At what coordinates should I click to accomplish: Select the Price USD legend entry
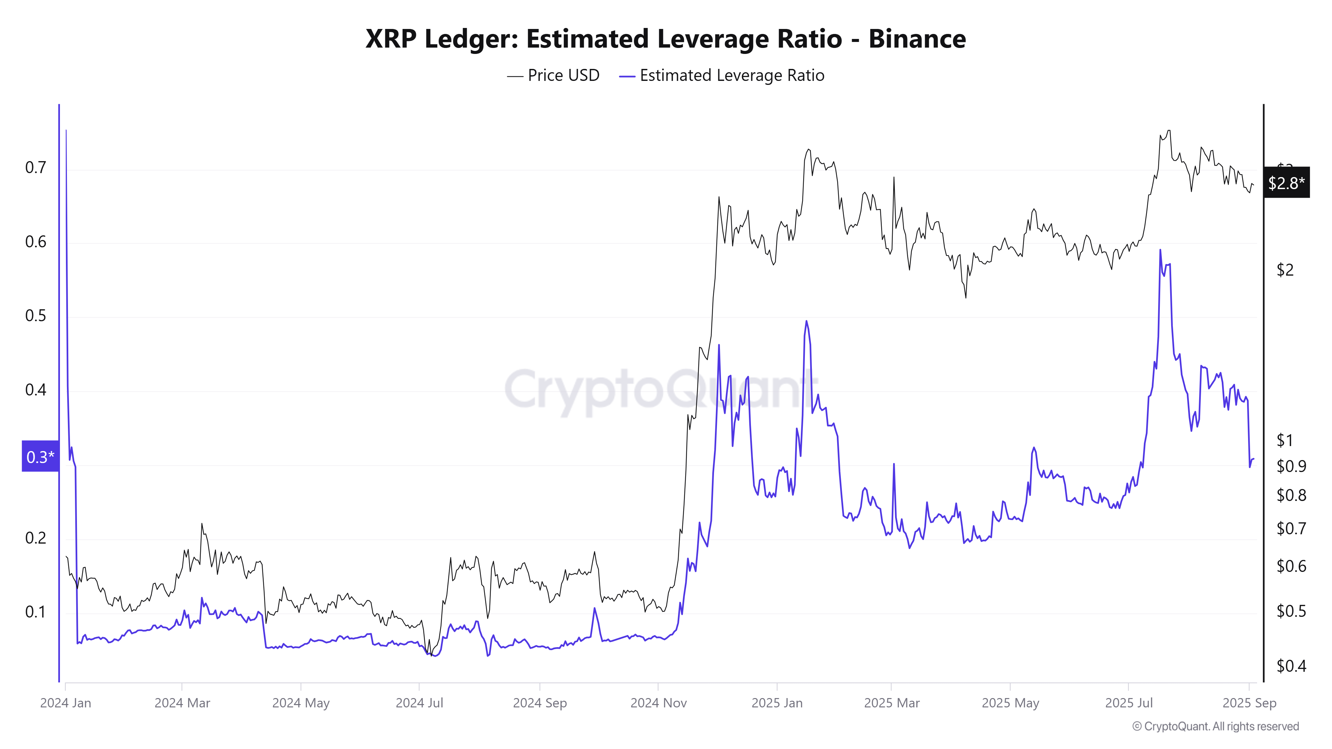pos(553,76)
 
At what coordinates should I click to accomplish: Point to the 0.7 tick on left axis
pos(35,167)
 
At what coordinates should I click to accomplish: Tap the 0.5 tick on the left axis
pos(35,316)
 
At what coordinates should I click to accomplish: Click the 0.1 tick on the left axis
pos(35,612)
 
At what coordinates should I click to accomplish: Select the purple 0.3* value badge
pos(40,456)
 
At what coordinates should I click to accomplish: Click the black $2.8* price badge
pos(1286,182)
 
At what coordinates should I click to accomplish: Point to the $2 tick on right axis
pos(1285,270)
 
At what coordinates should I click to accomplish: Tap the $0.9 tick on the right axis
pos(1291,466)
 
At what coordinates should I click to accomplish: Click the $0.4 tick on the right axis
pos(1291,666)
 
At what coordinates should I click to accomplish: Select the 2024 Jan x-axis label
pos(66,703)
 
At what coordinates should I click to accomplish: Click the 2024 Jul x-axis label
pos(419,703)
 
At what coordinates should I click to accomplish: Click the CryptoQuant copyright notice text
pos(1215,726)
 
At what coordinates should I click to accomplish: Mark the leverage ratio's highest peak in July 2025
pos(1160,251)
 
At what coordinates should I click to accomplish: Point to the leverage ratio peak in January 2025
pos(806,322)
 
